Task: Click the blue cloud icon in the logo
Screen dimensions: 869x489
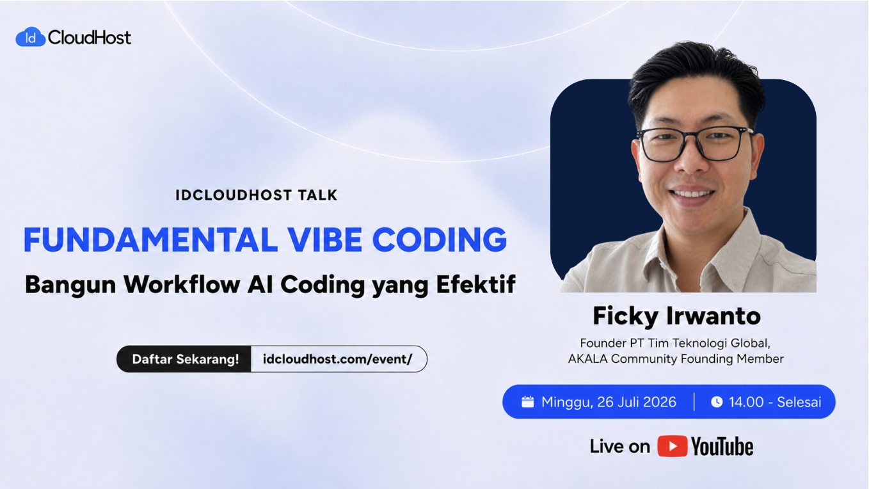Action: [x=30, y=37]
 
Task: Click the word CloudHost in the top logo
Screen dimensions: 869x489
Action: [x=89, y=38]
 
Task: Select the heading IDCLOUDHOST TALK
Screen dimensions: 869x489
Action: [x=257, y=195]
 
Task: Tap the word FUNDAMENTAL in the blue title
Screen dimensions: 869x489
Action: [x=150, y=239]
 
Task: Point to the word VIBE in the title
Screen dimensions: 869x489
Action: [x=325, y=239]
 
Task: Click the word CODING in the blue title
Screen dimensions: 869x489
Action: [x=440, y=239]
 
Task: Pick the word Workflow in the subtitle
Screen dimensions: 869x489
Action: [x=182, y=284]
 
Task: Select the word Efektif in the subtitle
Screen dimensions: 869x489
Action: [x=476, y=284]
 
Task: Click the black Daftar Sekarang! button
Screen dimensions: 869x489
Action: [x=184, y=359]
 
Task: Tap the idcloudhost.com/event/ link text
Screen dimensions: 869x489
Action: [x=337, y=359]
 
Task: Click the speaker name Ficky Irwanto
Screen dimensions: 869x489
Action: [x=676, y=316]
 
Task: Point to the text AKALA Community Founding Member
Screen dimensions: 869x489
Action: [x=676, y=358]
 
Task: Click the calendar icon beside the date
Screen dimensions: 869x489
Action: [x=527, y=402]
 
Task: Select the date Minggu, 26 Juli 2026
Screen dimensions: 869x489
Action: [x=609, y=402]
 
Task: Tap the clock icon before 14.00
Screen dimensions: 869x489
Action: [x=717, y=402]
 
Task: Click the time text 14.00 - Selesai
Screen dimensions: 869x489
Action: [x=775, y=402]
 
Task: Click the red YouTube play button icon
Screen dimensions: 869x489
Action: [x=673, y=446]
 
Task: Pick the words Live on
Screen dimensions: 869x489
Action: [x=620, y=446]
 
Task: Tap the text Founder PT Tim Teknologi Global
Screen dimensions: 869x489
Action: [x=675, y=343]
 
